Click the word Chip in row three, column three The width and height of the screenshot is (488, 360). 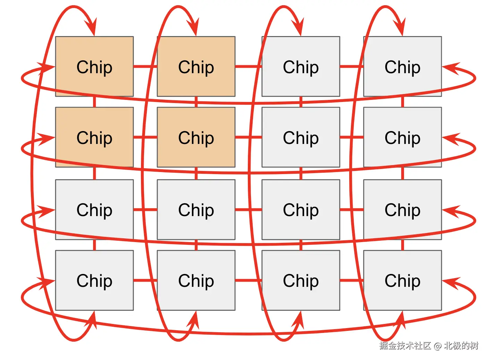click(301, 210)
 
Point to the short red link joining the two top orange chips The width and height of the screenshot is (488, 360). click(145, 66)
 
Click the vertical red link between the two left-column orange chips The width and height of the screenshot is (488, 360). click(94, 102)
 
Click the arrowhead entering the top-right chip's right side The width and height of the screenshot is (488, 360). click(451, 68)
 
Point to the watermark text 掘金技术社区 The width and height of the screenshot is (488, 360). click(405, 345)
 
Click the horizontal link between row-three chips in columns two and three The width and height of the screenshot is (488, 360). click(248, 209)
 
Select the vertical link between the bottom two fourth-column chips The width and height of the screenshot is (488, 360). click(402, 245)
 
